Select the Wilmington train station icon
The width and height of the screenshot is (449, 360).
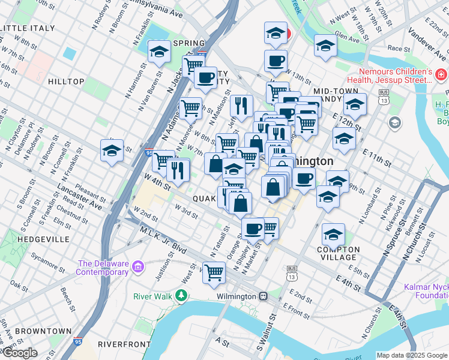264,296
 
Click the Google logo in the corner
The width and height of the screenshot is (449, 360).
19,353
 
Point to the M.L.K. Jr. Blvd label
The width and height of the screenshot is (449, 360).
163,239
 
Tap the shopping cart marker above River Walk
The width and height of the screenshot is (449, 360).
214,272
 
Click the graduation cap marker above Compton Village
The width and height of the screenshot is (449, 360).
333,234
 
